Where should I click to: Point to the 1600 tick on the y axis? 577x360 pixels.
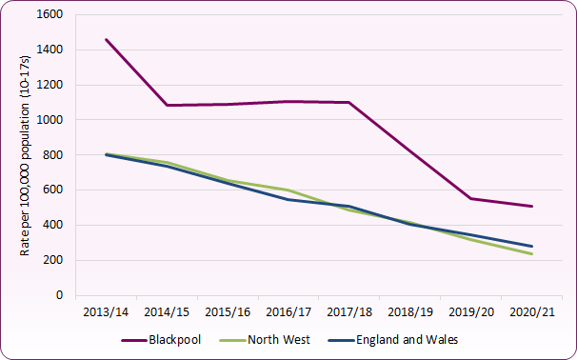(50, 15)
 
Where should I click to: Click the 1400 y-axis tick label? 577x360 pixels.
(50, 50)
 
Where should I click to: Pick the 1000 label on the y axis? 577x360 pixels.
(50, 120)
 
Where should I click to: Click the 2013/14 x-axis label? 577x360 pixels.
(107, 311)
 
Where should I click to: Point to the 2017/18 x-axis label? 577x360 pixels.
(349, 311)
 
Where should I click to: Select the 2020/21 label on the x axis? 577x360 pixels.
(531, 311)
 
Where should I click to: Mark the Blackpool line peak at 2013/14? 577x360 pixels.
(107, 40)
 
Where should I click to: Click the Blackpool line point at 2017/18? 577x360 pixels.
(349, 102)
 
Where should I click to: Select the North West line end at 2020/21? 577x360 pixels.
(531, 254)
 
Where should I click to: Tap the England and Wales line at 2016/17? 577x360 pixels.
(288, 200)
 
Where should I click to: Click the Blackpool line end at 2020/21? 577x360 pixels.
(531, 206)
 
